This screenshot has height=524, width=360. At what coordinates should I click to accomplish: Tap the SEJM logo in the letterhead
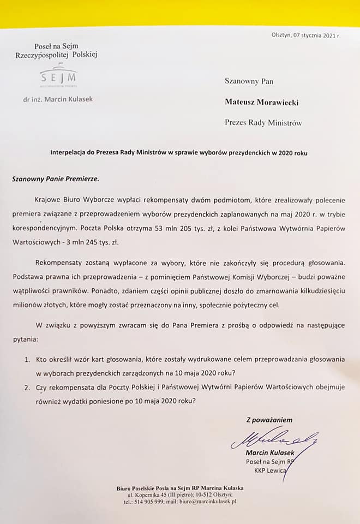[x=57, y=76]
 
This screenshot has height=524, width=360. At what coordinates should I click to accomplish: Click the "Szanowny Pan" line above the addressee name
[x=249, y=81]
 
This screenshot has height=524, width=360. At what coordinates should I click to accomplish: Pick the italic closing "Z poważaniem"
[x=269, y=420]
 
